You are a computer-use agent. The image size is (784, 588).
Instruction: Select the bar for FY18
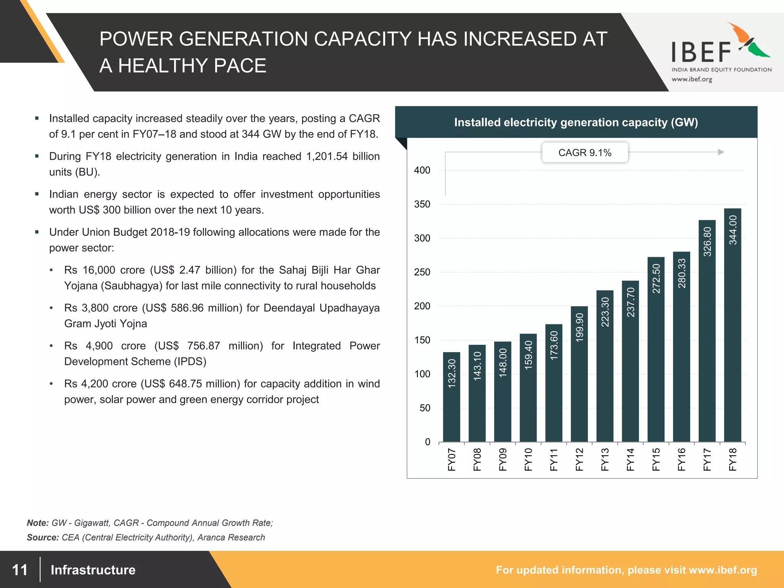click(x=732, y=325)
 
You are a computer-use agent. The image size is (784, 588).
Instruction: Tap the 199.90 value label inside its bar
click(x=580, y=327)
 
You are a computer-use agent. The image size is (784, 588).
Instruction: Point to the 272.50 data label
click(x=656, y=279)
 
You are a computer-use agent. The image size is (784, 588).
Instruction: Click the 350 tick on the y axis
click(x=422, y=204)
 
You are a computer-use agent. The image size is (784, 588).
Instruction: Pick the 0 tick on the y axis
click(x=427, y=442)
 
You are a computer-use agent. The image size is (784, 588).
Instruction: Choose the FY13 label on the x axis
click(x=605, y=459)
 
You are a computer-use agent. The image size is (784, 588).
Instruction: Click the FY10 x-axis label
click(x=528, y=459)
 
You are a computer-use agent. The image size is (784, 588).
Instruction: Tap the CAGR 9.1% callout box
click(x=585, y=153)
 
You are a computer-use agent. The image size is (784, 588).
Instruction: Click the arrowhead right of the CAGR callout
click(x=721, y=152)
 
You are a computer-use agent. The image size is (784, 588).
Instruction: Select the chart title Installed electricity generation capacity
click(x=576, y=122)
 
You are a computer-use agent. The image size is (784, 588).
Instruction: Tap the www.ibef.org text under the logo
click(x=692, y=79)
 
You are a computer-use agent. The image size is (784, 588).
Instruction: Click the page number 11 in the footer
click(x=20, y=570)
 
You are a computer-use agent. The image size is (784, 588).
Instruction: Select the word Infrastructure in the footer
click(x=93, y=570)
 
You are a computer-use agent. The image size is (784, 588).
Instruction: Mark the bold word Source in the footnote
click(x=42, y=537)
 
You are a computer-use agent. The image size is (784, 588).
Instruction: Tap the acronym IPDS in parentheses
click(x=190, y=362)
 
